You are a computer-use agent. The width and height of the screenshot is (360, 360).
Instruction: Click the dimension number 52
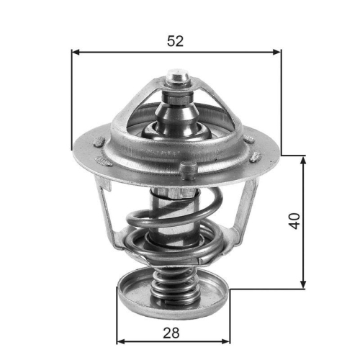point(176,40)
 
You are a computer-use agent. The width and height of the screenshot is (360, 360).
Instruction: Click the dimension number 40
point(294,220)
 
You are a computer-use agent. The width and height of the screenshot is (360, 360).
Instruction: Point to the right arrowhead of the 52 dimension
point(277,52)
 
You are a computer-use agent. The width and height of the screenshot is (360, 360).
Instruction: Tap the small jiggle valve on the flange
point(189,169)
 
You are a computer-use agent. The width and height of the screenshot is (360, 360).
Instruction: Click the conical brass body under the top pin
point(176,108)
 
